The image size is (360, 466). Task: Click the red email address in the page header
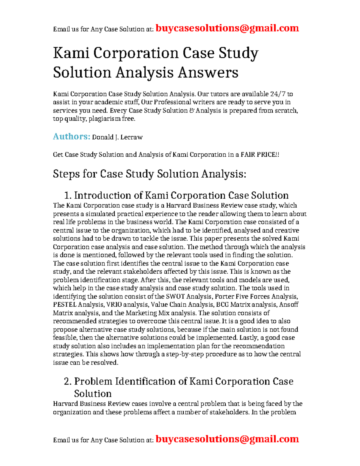tap(227, 28)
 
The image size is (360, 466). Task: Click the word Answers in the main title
tap(208, 72)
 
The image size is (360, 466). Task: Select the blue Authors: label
tap(71, 137)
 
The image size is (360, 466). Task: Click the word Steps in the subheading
tap(66, 174)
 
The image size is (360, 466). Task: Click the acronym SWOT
tap(175, 296)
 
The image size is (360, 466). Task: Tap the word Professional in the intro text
tap(172, 102)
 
